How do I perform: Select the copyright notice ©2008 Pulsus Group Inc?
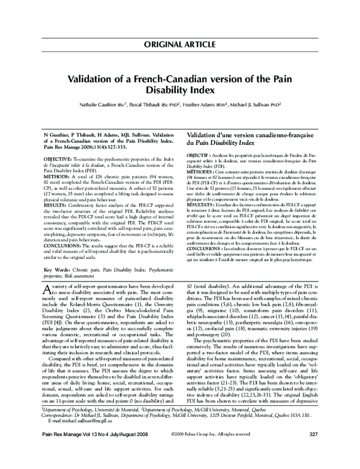point(198,450)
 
